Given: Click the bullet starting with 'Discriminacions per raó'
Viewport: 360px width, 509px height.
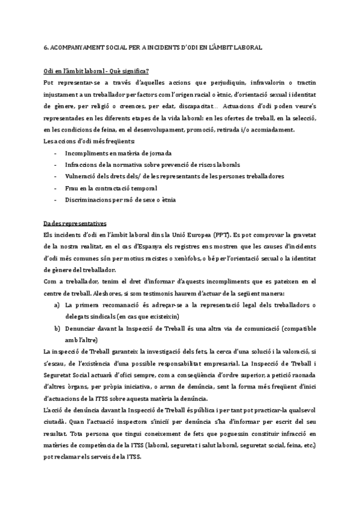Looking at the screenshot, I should pos(124,199).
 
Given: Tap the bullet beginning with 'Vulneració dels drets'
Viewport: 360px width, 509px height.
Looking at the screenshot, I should pos(174,176).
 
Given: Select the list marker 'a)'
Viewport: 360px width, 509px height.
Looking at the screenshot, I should pos(57,304).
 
